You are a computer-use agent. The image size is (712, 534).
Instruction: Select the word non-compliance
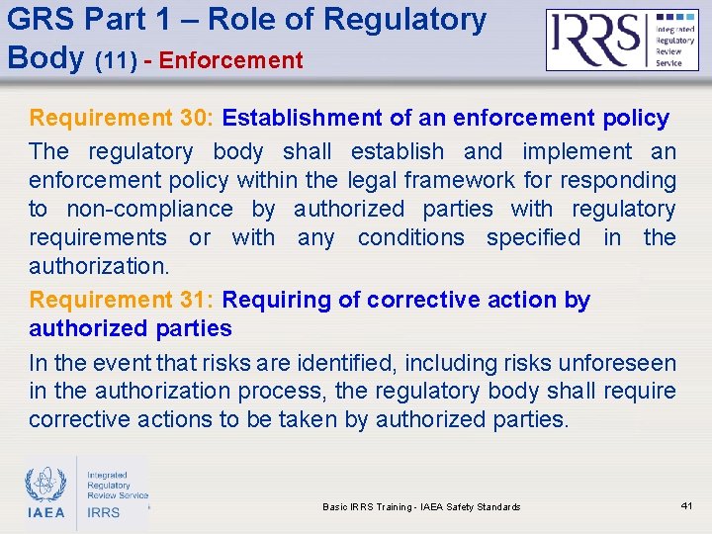pos(149,209)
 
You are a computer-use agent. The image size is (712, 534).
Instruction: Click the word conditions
pos(410,237)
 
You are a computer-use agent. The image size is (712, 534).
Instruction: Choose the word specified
pos(534,237)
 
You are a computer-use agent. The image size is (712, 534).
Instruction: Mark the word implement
pos(576,151)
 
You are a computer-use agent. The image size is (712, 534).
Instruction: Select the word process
pos(283,392)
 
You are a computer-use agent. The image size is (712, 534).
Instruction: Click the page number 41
pos(688,506)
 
